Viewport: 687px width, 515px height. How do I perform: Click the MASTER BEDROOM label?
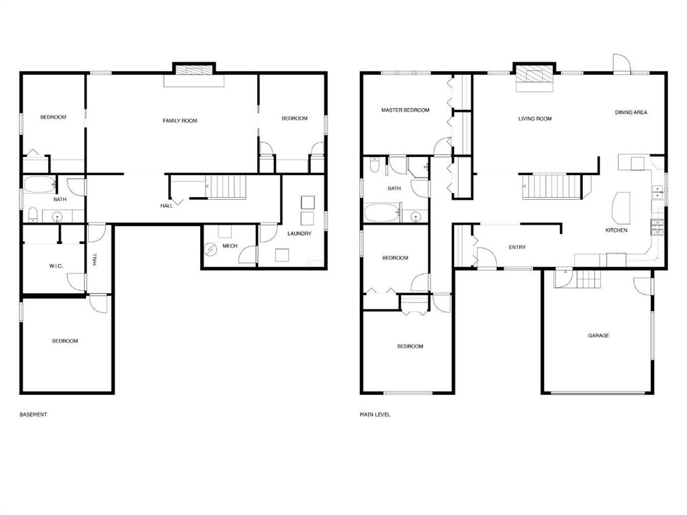pos(405,110)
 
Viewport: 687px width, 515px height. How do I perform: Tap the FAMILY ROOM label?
pos(180,121)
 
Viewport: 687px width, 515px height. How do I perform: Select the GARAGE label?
pos(598,335)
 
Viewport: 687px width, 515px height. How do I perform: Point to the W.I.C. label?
pos(56,266)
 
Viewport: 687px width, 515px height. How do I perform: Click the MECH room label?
pos(230,246)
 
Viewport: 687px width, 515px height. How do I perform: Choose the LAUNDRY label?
pos(299,233)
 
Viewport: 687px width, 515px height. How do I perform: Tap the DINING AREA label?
pos(631,113)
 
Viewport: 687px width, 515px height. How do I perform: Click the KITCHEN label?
pos(616,230)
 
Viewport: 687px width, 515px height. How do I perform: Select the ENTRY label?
pos(516,247)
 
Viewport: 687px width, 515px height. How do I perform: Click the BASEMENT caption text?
pos(34,414)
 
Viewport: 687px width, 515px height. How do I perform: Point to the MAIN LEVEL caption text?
pos(375,414)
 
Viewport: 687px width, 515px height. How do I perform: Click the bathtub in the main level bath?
pos(381,214)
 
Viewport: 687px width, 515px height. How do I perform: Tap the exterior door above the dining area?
pos(622,64)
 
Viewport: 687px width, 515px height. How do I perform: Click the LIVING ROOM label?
pos(535,119)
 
